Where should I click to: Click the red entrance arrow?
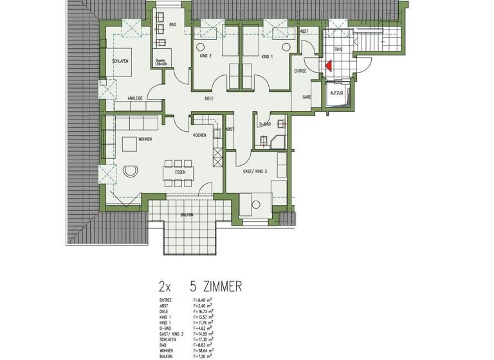328,65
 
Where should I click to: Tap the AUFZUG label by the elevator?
336,94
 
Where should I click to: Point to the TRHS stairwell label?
338,49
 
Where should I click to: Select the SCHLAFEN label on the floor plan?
120,60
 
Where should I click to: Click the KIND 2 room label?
206,57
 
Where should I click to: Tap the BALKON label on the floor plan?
187,214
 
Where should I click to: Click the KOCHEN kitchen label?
199,136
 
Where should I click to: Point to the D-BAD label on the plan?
264,124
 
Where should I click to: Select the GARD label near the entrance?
307,97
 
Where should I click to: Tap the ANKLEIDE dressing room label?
134,98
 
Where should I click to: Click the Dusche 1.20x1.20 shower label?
160,62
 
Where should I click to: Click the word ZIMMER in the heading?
217,285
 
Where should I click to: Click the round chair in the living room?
131,170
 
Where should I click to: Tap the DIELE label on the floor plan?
209,98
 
